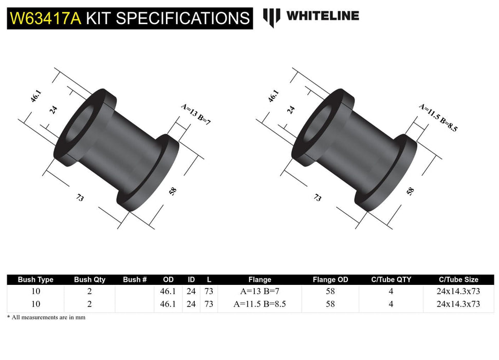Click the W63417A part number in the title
(45, 18)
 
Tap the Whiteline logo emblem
(271, 17)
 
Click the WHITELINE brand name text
(322, 16)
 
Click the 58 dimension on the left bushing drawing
(173, 191)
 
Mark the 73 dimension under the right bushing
(318, 198)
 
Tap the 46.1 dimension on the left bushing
(35, 96)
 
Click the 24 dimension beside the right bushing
(290, 109)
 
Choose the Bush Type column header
(35, 280)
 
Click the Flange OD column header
(330, 280)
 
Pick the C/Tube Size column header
(458, 280)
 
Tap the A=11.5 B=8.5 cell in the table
(260, 304)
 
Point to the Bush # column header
(135, 280)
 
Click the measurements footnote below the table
(46, 317)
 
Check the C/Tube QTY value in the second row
(391, 304)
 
